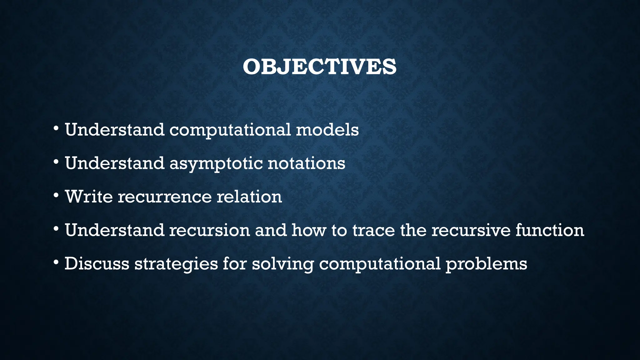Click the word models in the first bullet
click(x=327, y=130)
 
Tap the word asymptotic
click(x=216, y=163)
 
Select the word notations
click(x=306, y=163)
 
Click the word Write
click(x=89, y=197)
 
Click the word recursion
click(x=209, y=230)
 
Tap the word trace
click(x=374, y=230)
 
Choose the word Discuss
click(x=97, y=263)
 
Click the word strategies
click(x=176, y=264)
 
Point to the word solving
click(x=283, y=264)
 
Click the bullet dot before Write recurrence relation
click(x=56, y=196)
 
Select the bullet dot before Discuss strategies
click(x=56, y=262)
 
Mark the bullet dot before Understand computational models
click(x=56, y=129)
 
